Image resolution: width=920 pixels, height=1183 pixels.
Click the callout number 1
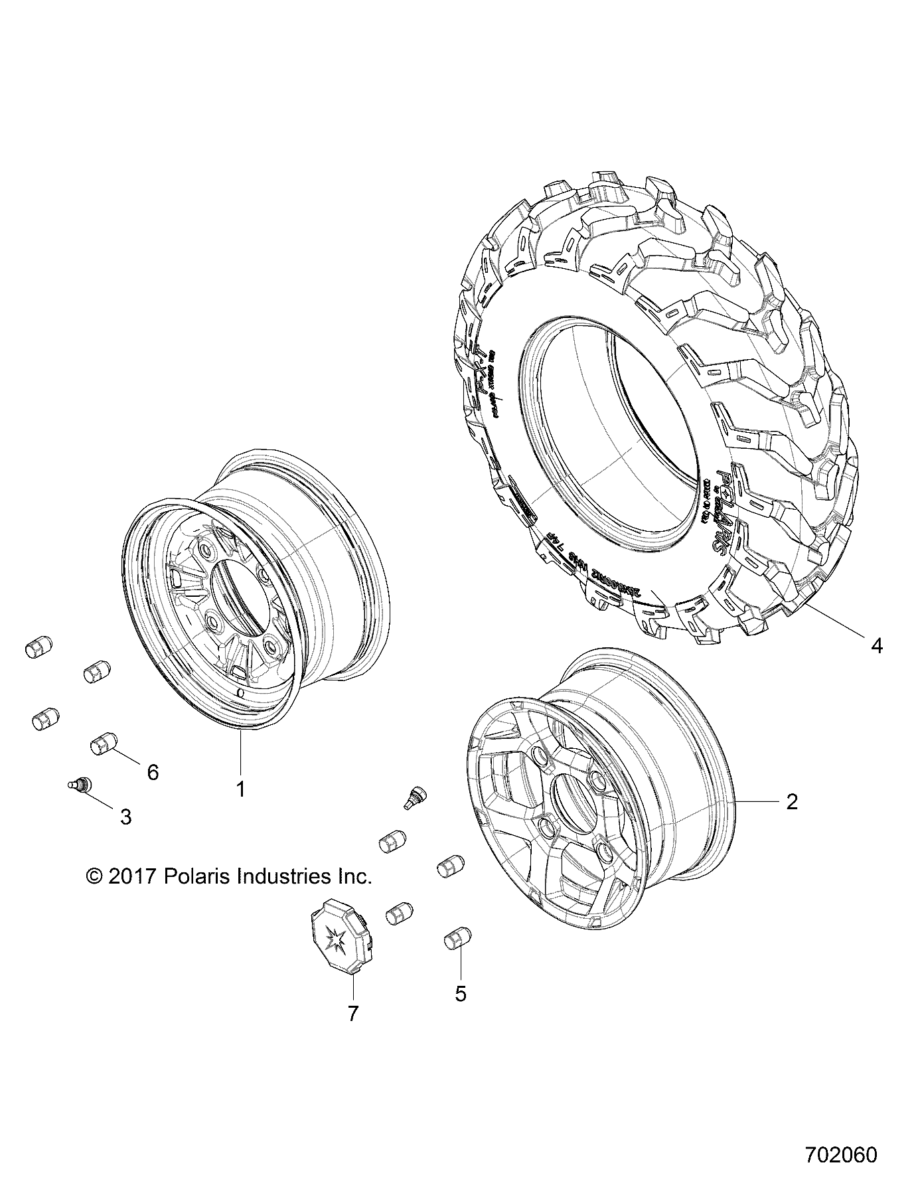(241, 789)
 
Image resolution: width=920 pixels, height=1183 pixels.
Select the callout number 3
(125, 817)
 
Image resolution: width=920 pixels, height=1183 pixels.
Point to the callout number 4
(877, 645)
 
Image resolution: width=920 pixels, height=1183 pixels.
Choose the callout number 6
(153, 772)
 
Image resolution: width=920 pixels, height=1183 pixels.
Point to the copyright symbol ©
(94, 876)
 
